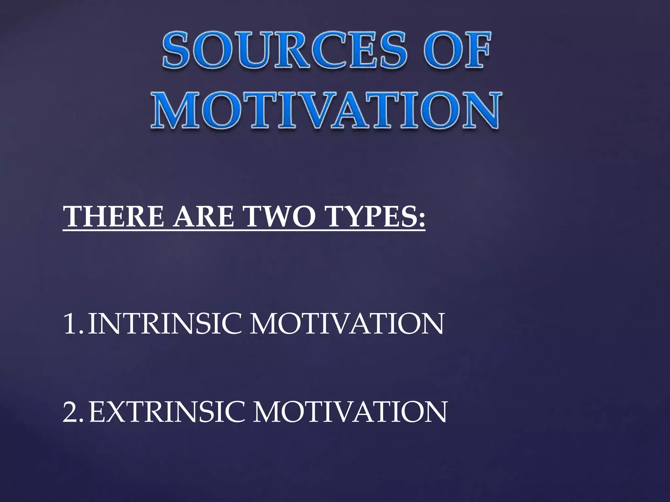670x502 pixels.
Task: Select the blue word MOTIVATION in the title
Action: [326, 111]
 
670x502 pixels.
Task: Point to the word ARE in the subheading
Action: [204, 216]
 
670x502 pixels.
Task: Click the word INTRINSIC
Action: [165, 324]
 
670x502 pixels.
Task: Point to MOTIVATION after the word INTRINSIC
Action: [347, 324]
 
